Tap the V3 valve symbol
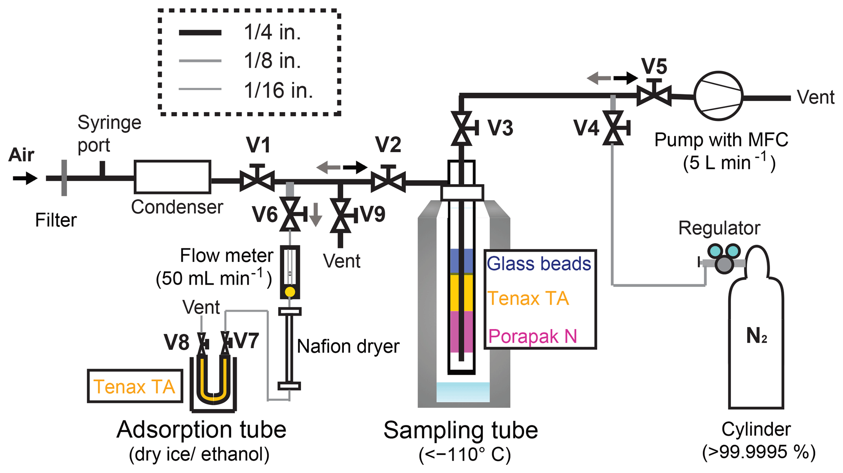coord(462,128)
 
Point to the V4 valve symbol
coord(613,128)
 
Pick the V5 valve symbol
coord(654,96)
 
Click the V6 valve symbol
coord(290,214)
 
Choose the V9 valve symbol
coord(341,215)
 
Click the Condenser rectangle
coord(173,177)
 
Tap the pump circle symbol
coord(718,96)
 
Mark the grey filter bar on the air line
coord(64,178)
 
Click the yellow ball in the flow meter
coord(290,292)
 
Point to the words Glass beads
coord(539,264)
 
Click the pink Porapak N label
coord(533,336)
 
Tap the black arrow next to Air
coord(25,178)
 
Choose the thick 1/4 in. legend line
coord(200,33)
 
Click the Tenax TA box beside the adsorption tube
coord(135,386)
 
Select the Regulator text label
coord(719,228)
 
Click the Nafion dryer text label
coord(348,346)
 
